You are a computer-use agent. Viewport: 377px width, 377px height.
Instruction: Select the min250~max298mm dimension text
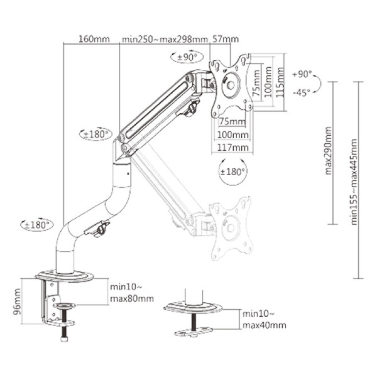click(165, 39)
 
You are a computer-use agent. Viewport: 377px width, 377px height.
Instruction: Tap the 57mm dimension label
click(225, 39)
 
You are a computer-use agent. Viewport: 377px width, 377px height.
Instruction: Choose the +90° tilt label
click(302, 74)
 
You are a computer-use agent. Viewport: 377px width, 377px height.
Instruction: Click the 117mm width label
click(232, 148)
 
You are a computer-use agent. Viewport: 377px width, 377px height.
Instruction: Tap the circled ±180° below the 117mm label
click(233, 172)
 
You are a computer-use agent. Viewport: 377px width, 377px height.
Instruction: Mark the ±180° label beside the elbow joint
click(96, 133)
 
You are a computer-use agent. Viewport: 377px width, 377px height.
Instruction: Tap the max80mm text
click(132, 299)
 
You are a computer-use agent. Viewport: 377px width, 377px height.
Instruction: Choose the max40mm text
click(264, 325)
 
